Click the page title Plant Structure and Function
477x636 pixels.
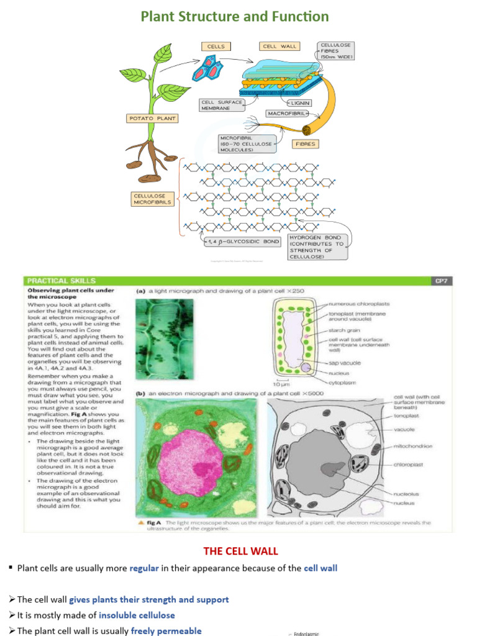235,16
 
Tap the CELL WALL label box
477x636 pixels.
280,46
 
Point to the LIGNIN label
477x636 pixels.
299,102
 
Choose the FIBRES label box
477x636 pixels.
306,143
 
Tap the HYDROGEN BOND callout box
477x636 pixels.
317,247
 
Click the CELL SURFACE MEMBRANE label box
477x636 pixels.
222,105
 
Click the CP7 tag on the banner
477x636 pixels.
438,281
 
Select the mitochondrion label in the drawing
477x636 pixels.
413,445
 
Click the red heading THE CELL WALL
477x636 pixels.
241,551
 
